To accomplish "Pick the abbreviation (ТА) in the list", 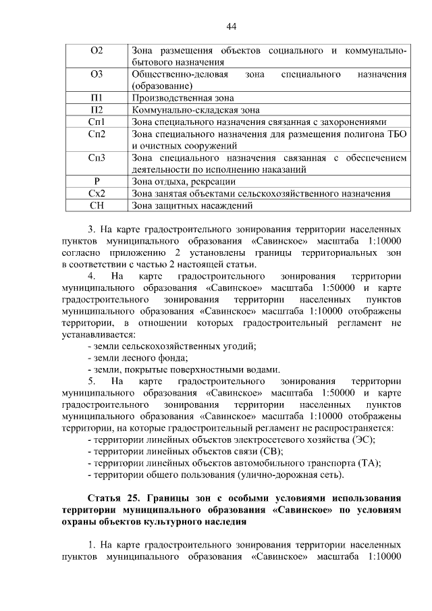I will (367, 463).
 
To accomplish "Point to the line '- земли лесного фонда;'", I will (137, 358).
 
